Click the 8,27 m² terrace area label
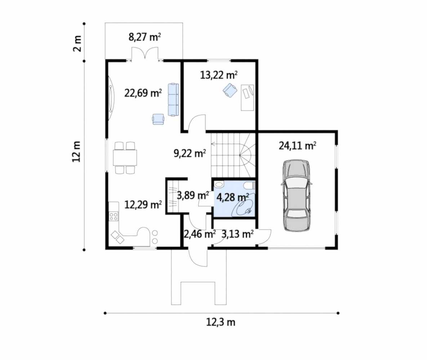tap(144, 37)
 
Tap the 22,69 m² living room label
tap(143, 93)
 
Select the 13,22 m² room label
tap(219, 75)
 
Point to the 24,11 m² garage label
tap(297, 146)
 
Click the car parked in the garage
tap(297, 195)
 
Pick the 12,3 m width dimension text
tap(221, 323)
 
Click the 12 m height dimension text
tap(77, 152)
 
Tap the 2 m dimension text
tap(77, 44)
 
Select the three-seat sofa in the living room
tap(173, 100)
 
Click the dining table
tap(125, 158)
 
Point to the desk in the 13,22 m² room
tap(247, 98)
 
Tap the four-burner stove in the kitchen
tap(114, 216)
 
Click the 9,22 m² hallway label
tap(190, 153)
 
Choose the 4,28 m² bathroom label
tap(232, 197)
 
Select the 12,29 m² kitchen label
tap(143, 204)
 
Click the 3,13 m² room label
tap(238, 234)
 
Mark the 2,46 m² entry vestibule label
tap(200, 234)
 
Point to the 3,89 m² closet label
tap(193, 195)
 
